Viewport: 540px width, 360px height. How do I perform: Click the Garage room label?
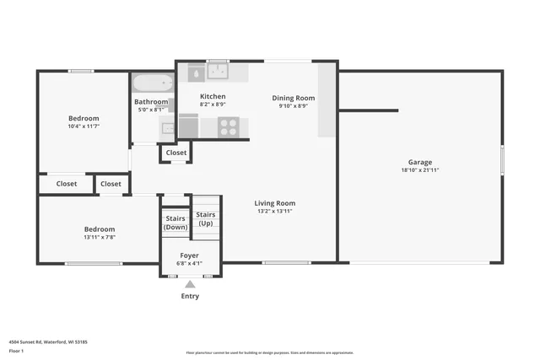pos(420,162)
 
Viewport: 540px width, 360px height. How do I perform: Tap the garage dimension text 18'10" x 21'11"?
pos(420,170)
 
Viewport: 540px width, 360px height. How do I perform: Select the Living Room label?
pos(275,202)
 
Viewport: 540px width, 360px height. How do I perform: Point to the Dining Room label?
pos(293,98)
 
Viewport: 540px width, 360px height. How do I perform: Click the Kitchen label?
pos(213,97)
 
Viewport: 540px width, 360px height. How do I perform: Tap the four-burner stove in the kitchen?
pos(228,126)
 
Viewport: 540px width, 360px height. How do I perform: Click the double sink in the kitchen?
pos(219,72)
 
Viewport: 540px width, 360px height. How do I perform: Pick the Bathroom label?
pos(151,102)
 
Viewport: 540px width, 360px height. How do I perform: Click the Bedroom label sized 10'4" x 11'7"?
pos(84,118)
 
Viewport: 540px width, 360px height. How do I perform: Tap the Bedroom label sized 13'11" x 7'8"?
pos(99,229)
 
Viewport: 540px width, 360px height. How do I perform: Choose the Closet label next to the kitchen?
pos(176,153)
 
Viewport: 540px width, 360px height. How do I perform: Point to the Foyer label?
pos(190,255)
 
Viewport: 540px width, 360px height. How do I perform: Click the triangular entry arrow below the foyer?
pos(190,285)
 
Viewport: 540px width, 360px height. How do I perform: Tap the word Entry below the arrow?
pos(190,296)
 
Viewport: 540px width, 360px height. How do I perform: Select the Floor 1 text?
pos(16,350)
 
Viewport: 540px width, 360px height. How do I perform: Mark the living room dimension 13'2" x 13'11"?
pos(275,211)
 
